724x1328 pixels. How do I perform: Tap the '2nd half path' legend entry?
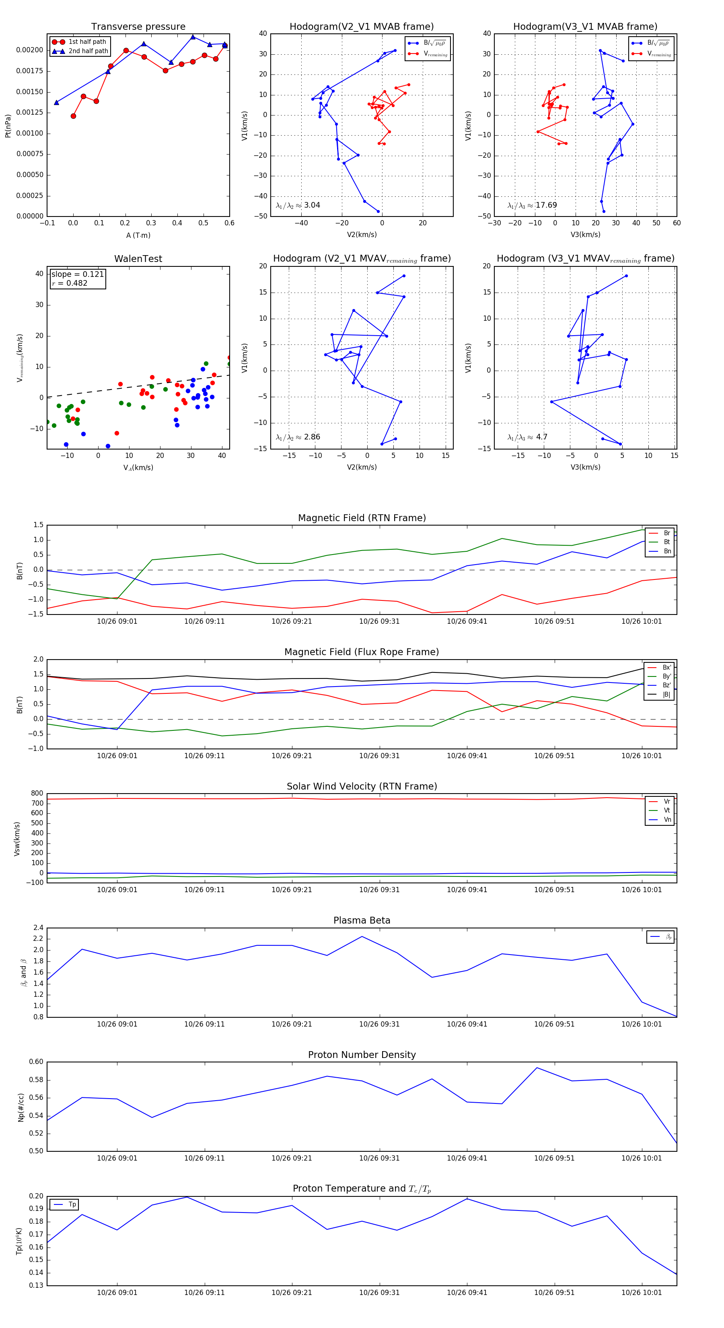coord(88,51)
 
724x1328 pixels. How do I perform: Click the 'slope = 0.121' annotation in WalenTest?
coord(77,274)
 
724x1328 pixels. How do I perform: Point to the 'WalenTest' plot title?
coord(138,259)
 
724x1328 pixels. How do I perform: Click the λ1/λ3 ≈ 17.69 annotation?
coord(532,205)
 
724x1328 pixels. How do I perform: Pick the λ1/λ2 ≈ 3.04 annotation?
coord(298,205)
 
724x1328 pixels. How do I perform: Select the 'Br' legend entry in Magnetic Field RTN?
coord(666,533)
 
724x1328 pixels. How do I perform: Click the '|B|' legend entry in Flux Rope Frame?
coord(666,695)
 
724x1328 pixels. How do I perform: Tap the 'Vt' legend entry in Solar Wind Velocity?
coord(666,810)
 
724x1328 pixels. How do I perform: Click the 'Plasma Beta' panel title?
coord(362,920)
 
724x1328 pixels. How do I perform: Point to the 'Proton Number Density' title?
coord(362,1055)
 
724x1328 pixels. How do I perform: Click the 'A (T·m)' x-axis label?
coord(138,235)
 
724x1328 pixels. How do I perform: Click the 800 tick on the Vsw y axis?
coord(37,794)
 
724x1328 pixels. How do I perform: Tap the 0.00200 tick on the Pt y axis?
coord(29,50)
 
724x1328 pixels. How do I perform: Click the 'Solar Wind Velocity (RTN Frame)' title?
coord(362,786)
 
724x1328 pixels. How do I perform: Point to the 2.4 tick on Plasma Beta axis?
coord(39,928)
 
